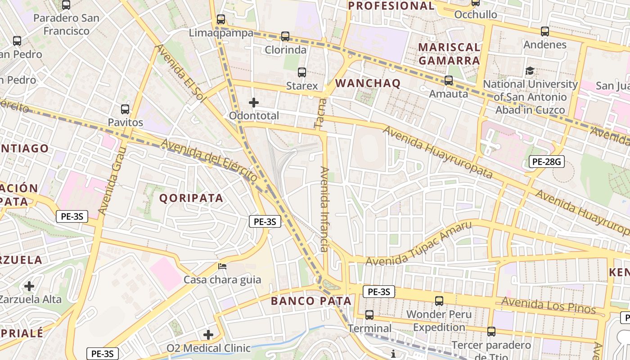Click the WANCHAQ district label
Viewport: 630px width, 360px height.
coord(368,83)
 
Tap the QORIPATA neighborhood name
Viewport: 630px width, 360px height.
coord(191,198)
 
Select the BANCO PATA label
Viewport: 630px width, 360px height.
coord(310,301)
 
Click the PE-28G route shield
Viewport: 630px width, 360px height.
coord(546,162)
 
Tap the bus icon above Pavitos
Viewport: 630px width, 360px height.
coord(125,109)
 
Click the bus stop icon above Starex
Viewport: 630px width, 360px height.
coord(302,72)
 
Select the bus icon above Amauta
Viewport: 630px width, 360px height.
coord(449,81)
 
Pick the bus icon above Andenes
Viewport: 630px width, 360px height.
coord(545,31)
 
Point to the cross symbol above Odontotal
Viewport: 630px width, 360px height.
coord(254,103)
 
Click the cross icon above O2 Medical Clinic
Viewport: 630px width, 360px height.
coord(208,335)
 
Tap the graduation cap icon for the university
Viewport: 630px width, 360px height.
coord(530,71)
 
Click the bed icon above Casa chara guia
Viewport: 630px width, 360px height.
coord(222,266)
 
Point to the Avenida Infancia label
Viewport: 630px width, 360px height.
coord(324,209)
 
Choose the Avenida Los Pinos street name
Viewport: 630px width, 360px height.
coord(548,306)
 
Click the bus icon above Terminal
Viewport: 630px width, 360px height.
coord(369,315)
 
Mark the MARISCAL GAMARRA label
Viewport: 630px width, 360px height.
coord(449,54)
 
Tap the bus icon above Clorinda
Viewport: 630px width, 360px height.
coord(285,36)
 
